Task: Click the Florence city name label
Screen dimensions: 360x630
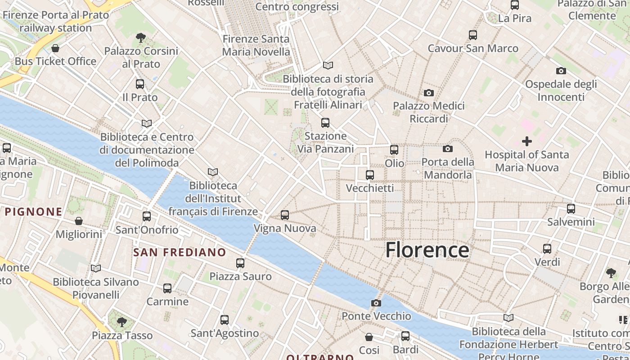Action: coord(427,250)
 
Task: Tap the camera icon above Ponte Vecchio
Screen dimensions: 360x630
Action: coord(376,303)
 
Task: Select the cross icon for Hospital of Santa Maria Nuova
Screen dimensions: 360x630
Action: coord(526,141)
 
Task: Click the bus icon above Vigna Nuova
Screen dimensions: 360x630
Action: coord(285,215)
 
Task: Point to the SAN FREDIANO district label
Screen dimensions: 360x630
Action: coord(179,252)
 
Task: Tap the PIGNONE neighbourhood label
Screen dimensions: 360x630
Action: coord(33,211)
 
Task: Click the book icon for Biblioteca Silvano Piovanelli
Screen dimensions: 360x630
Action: coord(95,269)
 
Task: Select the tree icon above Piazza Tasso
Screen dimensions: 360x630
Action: coord(121,322)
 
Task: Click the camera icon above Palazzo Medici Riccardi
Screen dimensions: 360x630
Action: coord(429,93)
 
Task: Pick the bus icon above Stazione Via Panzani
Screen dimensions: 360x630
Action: coord(325,122)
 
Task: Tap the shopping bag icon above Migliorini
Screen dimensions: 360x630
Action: coord(79,221)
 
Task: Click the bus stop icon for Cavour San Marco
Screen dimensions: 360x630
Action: coord(473,35)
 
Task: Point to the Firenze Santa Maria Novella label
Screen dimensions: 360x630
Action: coord(256,45)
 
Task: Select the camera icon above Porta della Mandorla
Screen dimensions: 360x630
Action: coord(448,148)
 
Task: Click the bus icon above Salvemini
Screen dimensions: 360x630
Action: coord(571,209)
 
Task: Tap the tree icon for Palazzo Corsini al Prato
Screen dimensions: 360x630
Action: coord(141,37)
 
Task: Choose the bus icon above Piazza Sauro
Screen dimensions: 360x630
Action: coord(240,263)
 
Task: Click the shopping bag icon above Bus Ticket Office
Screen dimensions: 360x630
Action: coord(55,48)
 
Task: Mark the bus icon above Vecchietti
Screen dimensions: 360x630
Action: coord(370,175)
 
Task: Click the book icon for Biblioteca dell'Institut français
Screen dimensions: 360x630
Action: coord(213,172)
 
